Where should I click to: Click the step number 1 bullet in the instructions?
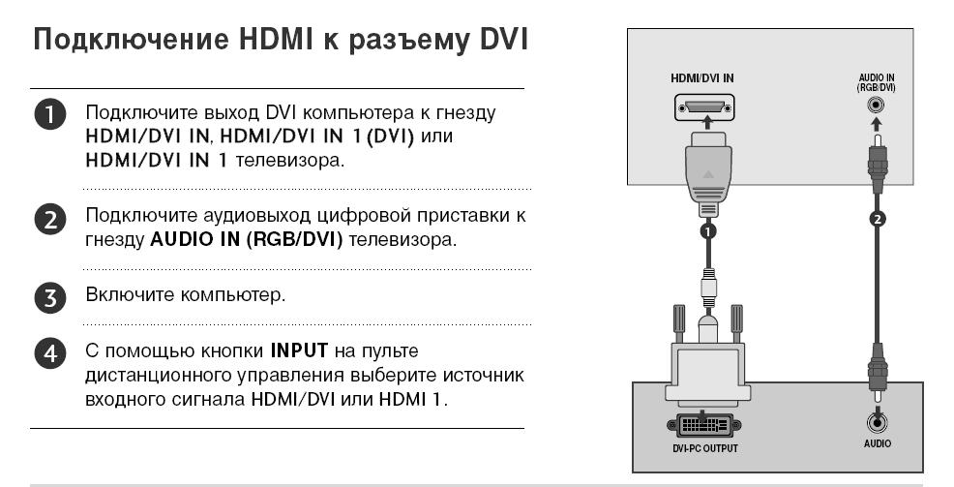50,115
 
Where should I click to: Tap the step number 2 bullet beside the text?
50,219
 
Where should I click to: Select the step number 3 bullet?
50,298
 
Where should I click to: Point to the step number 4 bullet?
50,353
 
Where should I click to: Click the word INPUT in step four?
299,350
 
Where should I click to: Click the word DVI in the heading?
504,40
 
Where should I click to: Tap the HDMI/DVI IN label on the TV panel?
702,78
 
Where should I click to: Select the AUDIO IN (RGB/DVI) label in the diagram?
877,83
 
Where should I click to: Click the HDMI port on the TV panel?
704,107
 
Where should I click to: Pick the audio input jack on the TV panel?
876,106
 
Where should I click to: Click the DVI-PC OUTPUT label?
704,448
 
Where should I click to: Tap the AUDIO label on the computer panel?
878,443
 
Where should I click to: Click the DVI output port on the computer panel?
704,425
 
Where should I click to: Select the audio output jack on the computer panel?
877,422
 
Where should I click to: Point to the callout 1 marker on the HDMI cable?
707,231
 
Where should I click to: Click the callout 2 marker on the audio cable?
877,219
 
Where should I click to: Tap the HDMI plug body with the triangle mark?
707,173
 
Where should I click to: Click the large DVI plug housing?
707,373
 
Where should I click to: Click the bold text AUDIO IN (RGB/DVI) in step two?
247,240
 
